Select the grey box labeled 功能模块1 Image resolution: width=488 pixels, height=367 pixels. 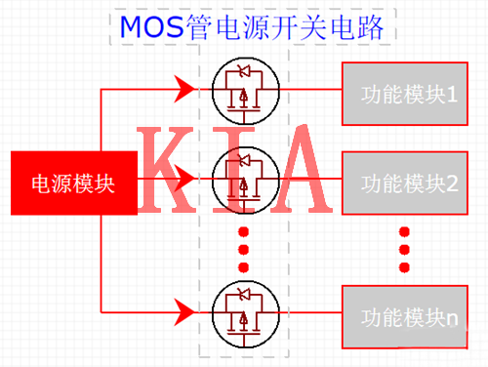point(402,95)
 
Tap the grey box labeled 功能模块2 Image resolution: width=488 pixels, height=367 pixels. point(402,183)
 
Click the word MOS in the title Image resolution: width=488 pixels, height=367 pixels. point(148,27)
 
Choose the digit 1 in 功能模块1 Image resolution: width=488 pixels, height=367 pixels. point(452,95)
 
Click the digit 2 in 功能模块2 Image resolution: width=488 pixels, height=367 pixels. point(452,183)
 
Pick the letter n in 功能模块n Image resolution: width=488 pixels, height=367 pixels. point(452,316)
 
